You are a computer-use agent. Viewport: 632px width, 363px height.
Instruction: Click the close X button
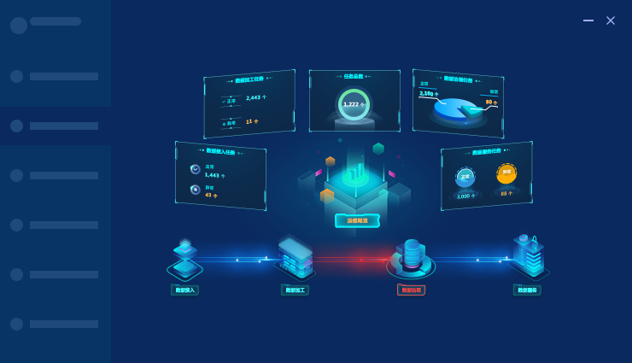point(611,20)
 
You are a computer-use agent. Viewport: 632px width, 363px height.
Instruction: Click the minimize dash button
point(588,20)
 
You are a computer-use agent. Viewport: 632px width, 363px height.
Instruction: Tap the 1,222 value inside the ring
point(352,104)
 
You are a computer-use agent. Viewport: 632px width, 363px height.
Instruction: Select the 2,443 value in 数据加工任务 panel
point(256,97)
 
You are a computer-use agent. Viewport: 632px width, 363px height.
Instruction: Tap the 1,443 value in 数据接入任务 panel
point(213,174)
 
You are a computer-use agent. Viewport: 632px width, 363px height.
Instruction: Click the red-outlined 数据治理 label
point(411,290)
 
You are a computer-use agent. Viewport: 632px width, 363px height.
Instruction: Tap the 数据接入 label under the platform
point(184,290)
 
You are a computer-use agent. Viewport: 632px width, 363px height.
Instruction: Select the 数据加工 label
point(295,290)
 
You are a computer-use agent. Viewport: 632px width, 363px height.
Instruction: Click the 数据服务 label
point(527,290)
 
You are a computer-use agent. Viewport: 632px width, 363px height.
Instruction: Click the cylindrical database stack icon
point(412,254)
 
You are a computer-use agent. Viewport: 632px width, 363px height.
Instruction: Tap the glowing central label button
point(357,220)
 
